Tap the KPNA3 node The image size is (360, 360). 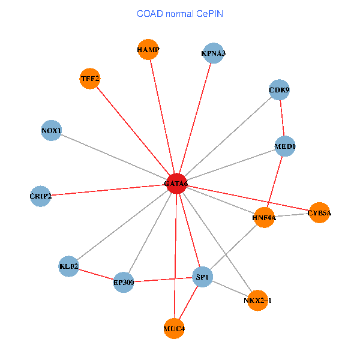pos(214,53)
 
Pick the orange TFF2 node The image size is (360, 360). pos(90,79)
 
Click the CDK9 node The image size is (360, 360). pos(280,90)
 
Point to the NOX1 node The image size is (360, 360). pos(52,131)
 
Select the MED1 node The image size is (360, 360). pos(285,146)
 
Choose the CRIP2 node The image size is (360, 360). pos(41,196)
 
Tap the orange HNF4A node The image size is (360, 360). pos(264,218)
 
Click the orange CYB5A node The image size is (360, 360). pos(320,212)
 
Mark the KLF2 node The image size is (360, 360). pos(69,266)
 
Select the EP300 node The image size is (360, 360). pos(124,282)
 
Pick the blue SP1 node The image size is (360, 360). pos(202,277)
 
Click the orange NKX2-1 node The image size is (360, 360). pos(257,300)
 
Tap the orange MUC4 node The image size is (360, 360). pos(174,329)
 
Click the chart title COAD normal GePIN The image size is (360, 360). pos(180,13)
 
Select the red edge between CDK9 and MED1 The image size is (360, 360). pos(282,118)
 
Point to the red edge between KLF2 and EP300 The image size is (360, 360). pos(96,274)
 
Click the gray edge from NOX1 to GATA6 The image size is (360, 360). pos(114,157)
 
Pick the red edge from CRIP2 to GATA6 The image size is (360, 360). pos(108,190)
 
